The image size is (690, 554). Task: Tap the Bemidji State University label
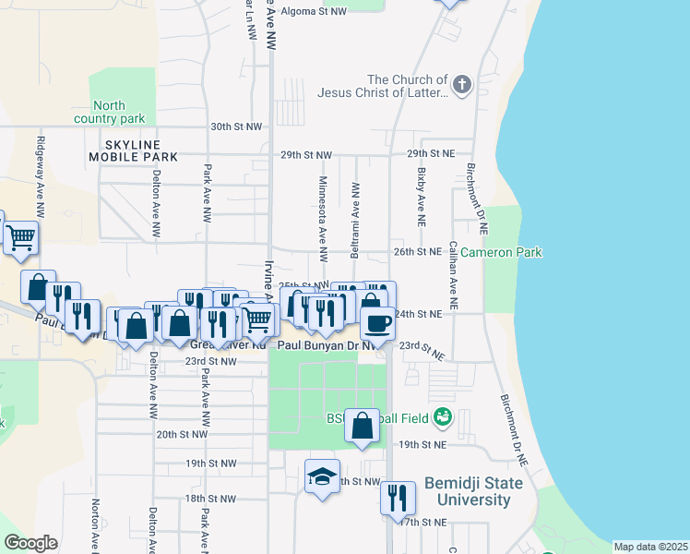pyautogui.click(x=473, y=492)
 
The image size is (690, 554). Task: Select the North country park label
pyautogui.click(x=109, y=113)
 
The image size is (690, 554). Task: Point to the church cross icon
pyautogui.click(x=462, y=86)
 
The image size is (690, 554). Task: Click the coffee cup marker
pyautogui.click(x=377, y=323)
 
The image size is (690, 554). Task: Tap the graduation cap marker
pyautogui.click(x=322, y=476)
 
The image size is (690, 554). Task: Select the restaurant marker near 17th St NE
pyautogui.click(x=398, y=497)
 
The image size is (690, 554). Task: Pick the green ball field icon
pyautogui.click(x=444, y=417)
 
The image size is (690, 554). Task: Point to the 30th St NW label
pyautogui.click(x=234, y=126)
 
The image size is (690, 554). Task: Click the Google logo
pyautogui.click(x=30, y=543)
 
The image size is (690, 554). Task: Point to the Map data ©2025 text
pyautogui.click(x=649, y=547)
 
